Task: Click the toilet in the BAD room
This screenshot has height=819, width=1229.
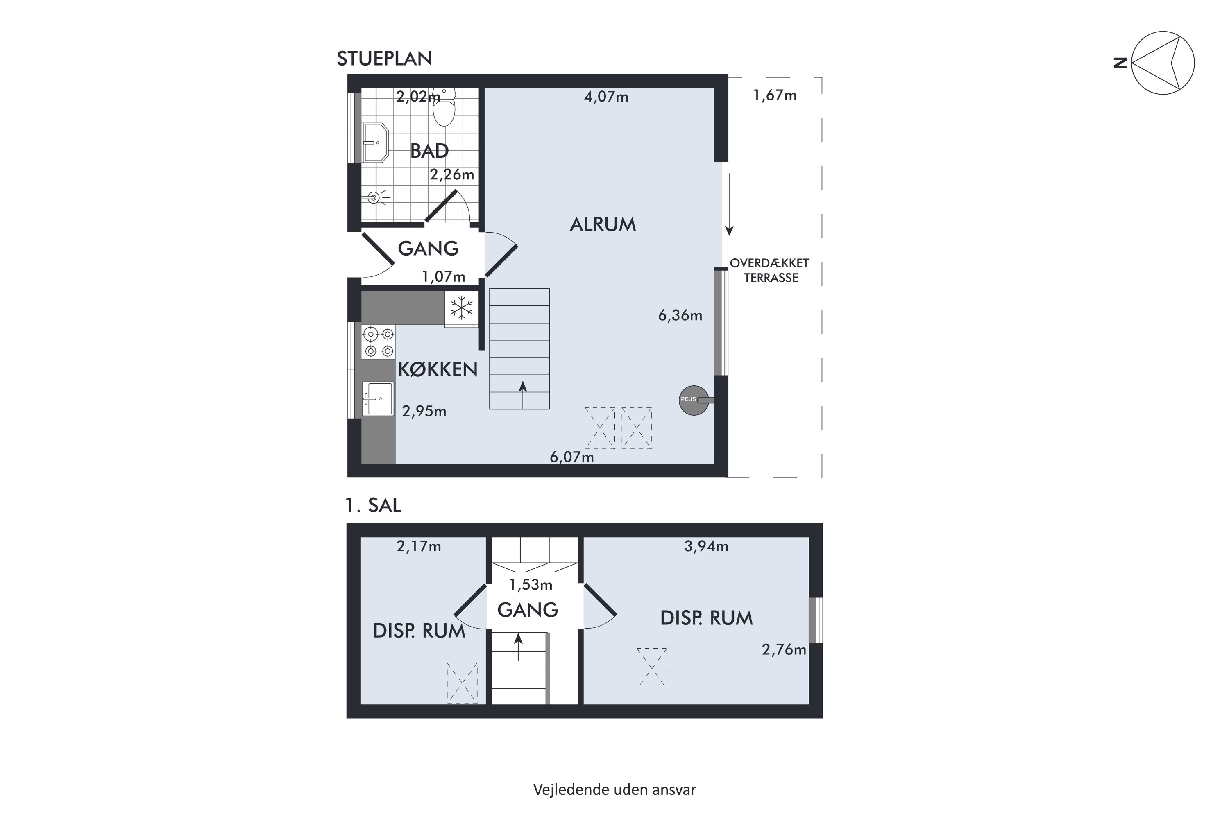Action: pyautogui.click(x=444, y=108)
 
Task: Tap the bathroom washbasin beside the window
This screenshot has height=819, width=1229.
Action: pyautogui.click(x=375, y=142)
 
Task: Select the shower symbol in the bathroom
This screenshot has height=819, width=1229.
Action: pyautogui.click(x=374, y=197)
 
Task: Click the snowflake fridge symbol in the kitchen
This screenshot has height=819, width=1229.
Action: pyautogui.click(x=461, y=308)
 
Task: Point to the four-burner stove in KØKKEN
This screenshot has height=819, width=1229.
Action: pyautogui.click(x=378, y=342)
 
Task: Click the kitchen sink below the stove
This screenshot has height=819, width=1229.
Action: pyautogui.click(x=378, y=398)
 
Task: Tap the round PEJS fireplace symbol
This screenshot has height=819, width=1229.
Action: pyautogui.click(x=694, y=400)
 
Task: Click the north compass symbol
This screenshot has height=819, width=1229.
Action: pyautogui.click(x=1162, y=63)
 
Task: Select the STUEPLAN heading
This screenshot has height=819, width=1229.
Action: pyautogui.click(x=384, y=59)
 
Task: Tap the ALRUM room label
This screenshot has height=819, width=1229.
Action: pyautogui.click(x=603, y=224)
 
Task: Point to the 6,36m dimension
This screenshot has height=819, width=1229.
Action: pyautogui.click(x=680, y=315)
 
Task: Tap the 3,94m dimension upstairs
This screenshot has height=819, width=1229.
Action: pyautogui.click(x=706, y=546)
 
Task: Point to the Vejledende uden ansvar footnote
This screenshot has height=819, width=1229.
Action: pyautogui.click(x=614, y=789)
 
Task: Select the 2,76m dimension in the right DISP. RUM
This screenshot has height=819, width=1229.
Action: pyautogui.click(x=784, y=650)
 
